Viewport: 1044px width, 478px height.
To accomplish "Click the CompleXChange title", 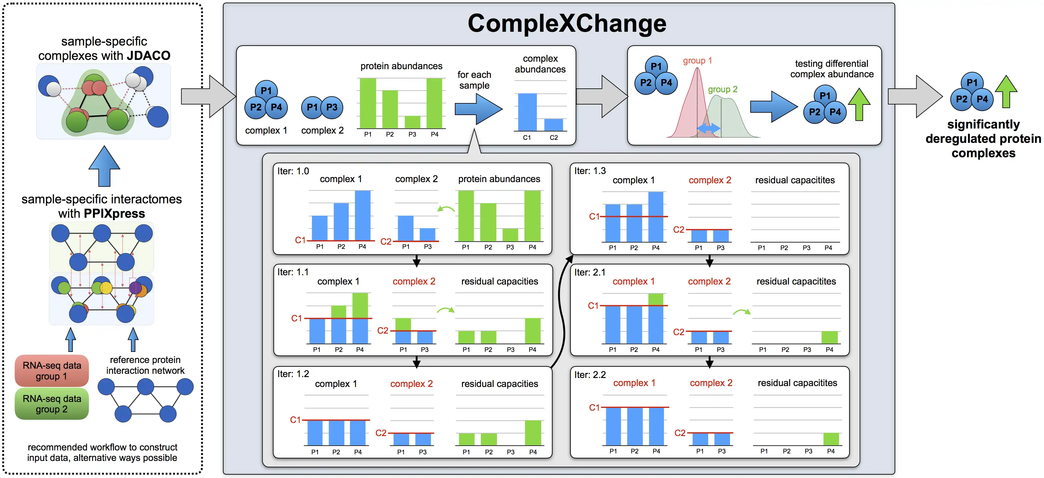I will click(567, 24).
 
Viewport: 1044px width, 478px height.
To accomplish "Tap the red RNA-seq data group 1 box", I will click(52, 370).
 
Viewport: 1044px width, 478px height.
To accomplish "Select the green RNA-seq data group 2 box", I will click(52, 404).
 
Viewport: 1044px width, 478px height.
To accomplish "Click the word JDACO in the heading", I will click(148, 56).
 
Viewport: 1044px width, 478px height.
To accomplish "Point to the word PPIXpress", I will click(114, 214).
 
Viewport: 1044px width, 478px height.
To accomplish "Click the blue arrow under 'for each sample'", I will click(478, 109).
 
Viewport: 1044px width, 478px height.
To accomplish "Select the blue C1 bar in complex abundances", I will click(527, 112).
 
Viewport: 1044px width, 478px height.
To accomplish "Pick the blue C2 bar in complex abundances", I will click(554, 124).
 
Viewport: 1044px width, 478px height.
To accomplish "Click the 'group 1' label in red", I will click(697, 60).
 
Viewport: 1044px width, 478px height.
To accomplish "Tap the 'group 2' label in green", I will click(722, 89).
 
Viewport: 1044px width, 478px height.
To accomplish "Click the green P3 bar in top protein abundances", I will click(412, 122).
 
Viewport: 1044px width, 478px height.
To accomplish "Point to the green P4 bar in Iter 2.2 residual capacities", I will click(831, 439).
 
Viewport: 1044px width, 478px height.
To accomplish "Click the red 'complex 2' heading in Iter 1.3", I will click(710, 180).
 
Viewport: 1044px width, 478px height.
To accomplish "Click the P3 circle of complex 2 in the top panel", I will click(332, 108).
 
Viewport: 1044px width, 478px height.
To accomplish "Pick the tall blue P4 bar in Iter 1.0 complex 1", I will click(362, 215).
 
